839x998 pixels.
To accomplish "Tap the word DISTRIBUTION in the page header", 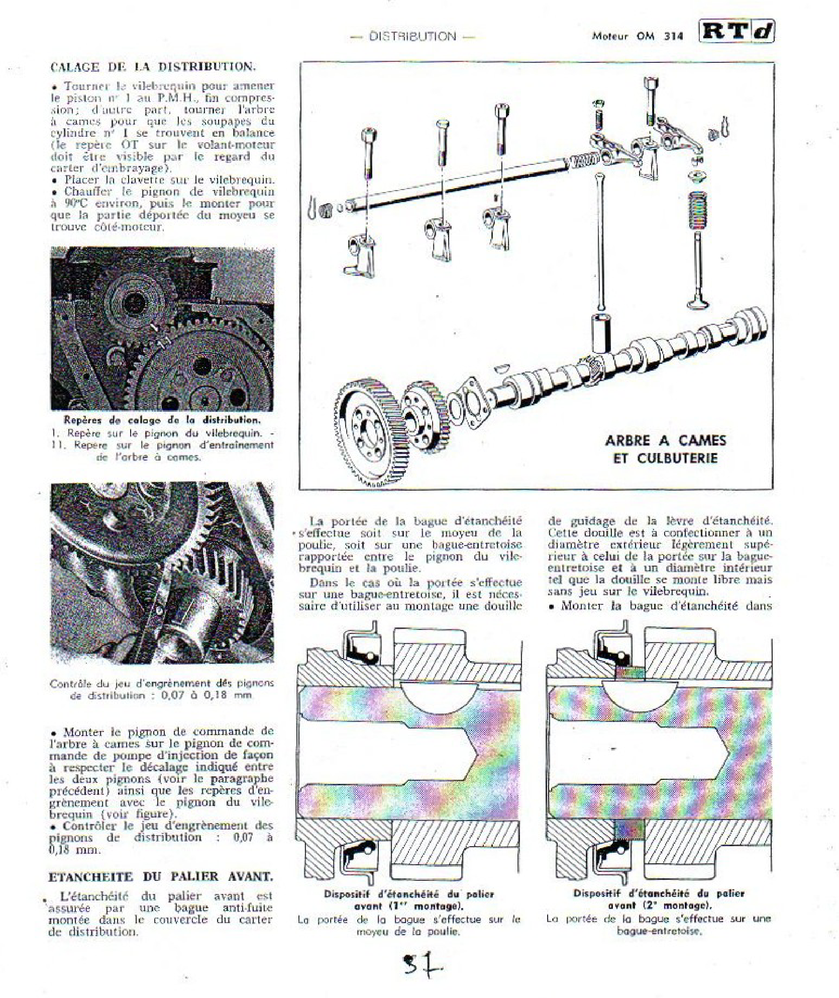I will click(x=412, y=36).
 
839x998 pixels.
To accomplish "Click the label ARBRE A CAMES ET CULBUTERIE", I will click(x=666, y=449).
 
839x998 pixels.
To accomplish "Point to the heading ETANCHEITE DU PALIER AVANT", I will click(x=161, y=877).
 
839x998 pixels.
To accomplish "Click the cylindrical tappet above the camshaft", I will click(x=600, y=333).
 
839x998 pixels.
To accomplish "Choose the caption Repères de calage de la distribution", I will click(x=162, y=420).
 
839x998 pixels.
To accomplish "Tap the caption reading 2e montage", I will click(x=659, y=905).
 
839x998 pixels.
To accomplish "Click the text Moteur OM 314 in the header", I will click(x=637, y=36).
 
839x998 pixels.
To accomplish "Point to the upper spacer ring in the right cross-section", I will click(x=629, y=673).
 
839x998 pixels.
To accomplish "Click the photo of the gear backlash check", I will click(x=162, y=573).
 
